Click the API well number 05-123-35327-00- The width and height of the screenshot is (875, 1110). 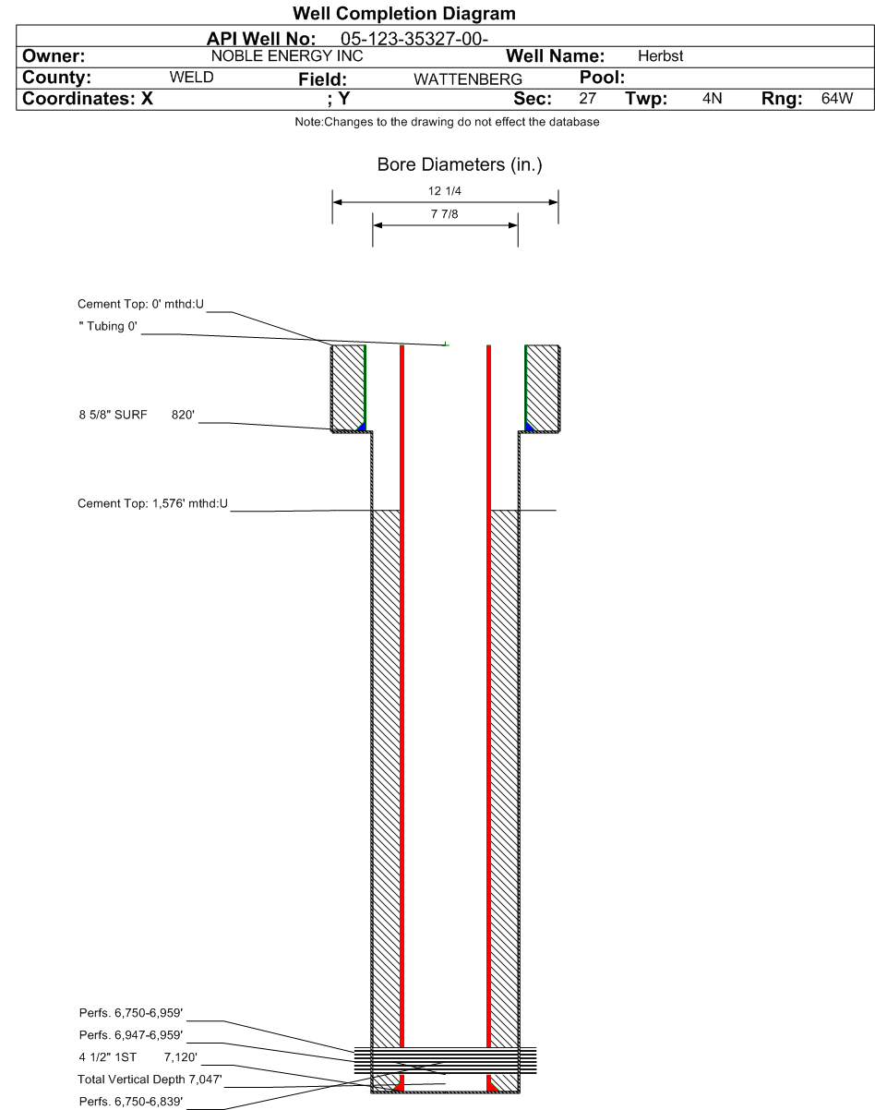tap(414, 39)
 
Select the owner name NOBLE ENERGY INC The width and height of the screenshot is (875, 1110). tap(287, 55)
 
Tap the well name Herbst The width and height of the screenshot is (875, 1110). tap(660, 55)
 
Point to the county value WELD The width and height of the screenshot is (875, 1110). tap(191, 78)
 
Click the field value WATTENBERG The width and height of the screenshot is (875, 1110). tap(468, 79)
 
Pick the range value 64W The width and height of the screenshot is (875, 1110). tap(837, 98)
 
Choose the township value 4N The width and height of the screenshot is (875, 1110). tap(712, 98)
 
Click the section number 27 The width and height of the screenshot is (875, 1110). tap(587, 98)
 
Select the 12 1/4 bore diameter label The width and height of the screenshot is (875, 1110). tap(445, 191)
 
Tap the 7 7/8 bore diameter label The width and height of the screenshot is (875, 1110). tap(445, 213)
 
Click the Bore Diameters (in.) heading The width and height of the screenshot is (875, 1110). tap(460, 164)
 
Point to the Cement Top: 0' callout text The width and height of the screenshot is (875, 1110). tap(141, 304)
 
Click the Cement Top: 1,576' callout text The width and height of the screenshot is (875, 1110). tap(152, 503)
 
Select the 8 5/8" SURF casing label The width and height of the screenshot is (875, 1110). tap(113, 415)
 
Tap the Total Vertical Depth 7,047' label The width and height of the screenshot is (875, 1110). tap(150, 1079)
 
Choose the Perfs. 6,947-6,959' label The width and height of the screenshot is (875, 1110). tap(131, 1034)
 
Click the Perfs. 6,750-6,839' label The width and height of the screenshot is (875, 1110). tap(131, 1102)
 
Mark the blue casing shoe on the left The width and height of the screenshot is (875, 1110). tap(362, 427)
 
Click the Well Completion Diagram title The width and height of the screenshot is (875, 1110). tap(404, 14)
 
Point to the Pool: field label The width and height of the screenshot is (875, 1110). tap(602, 78)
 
